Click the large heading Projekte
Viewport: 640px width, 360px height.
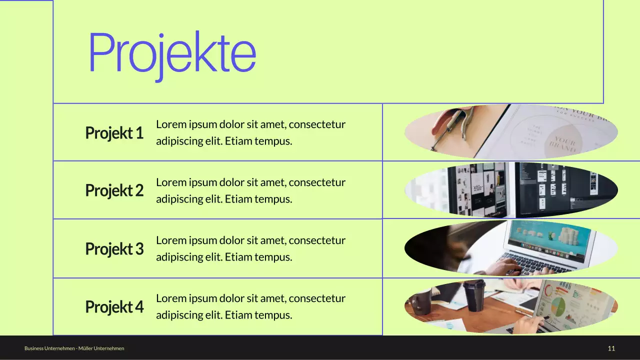point(172,53)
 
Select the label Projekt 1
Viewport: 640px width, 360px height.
point(114,133)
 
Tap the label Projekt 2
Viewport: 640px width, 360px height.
point(114,190)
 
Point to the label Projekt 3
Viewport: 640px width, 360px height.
point(114,248)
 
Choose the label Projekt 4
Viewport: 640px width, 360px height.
point(114,306)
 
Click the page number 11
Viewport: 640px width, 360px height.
point(611,348)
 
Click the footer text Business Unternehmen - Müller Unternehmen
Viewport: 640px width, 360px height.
point(74,348)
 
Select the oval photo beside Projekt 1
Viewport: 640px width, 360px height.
point(511,132)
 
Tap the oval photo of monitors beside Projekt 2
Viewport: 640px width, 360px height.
point(511,190)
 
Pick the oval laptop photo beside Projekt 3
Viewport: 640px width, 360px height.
point(511,248)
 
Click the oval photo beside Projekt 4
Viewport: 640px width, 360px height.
point(511,306)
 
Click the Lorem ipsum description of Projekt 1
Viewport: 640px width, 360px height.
point(250,132)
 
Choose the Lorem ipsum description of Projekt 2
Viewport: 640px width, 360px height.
point(250,190)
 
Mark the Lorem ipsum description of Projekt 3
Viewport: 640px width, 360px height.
point(250,248)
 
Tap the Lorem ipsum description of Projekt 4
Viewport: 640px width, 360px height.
point(250,306)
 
